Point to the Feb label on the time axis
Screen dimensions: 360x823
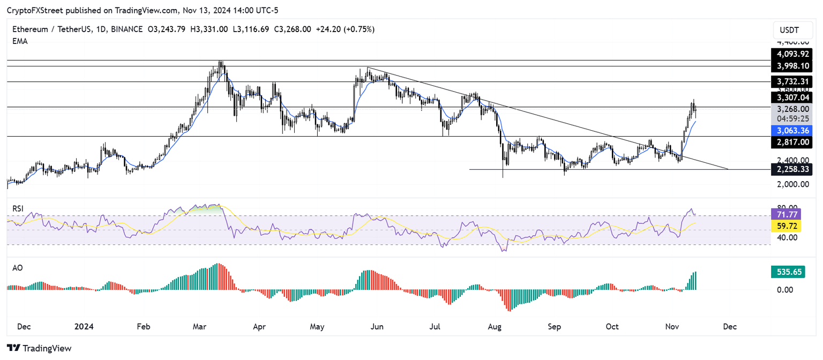click(x=143, y=326)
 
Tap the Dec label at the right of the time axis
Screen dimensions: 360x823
click(x=729, y=326)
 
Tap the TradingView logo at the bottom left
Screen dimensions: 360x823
click(x=41, y=348)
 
